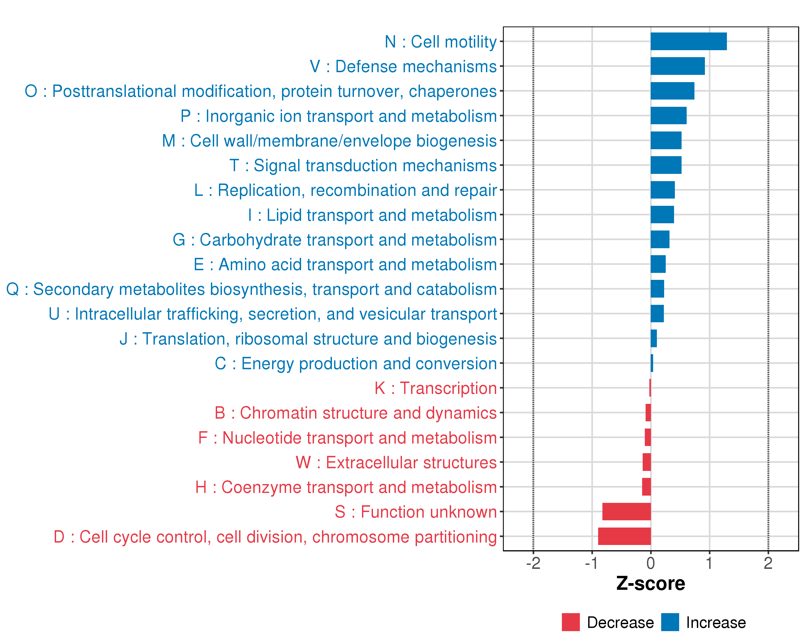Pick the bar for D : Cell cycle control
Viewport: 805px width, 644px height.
click(624, 536)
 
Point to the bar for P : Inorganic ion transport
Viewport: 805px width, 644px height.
click(668, 116)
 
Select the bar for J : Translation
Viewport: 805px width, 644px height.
click(653, 339)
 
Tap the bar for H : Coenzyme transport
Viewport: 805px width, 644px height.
click(646, 487)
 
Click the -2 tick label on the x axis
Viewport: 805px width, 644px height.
click(533, 563)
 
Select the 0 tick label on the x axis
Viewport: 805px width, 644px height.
click(650, 563)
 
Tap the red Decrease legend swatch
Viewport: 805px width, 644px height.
click(570, 622)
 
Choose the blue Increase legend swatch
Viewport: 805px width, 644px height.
click(670, 622)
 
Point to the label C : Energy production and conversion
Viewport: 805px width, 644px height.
click(356, 364)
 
